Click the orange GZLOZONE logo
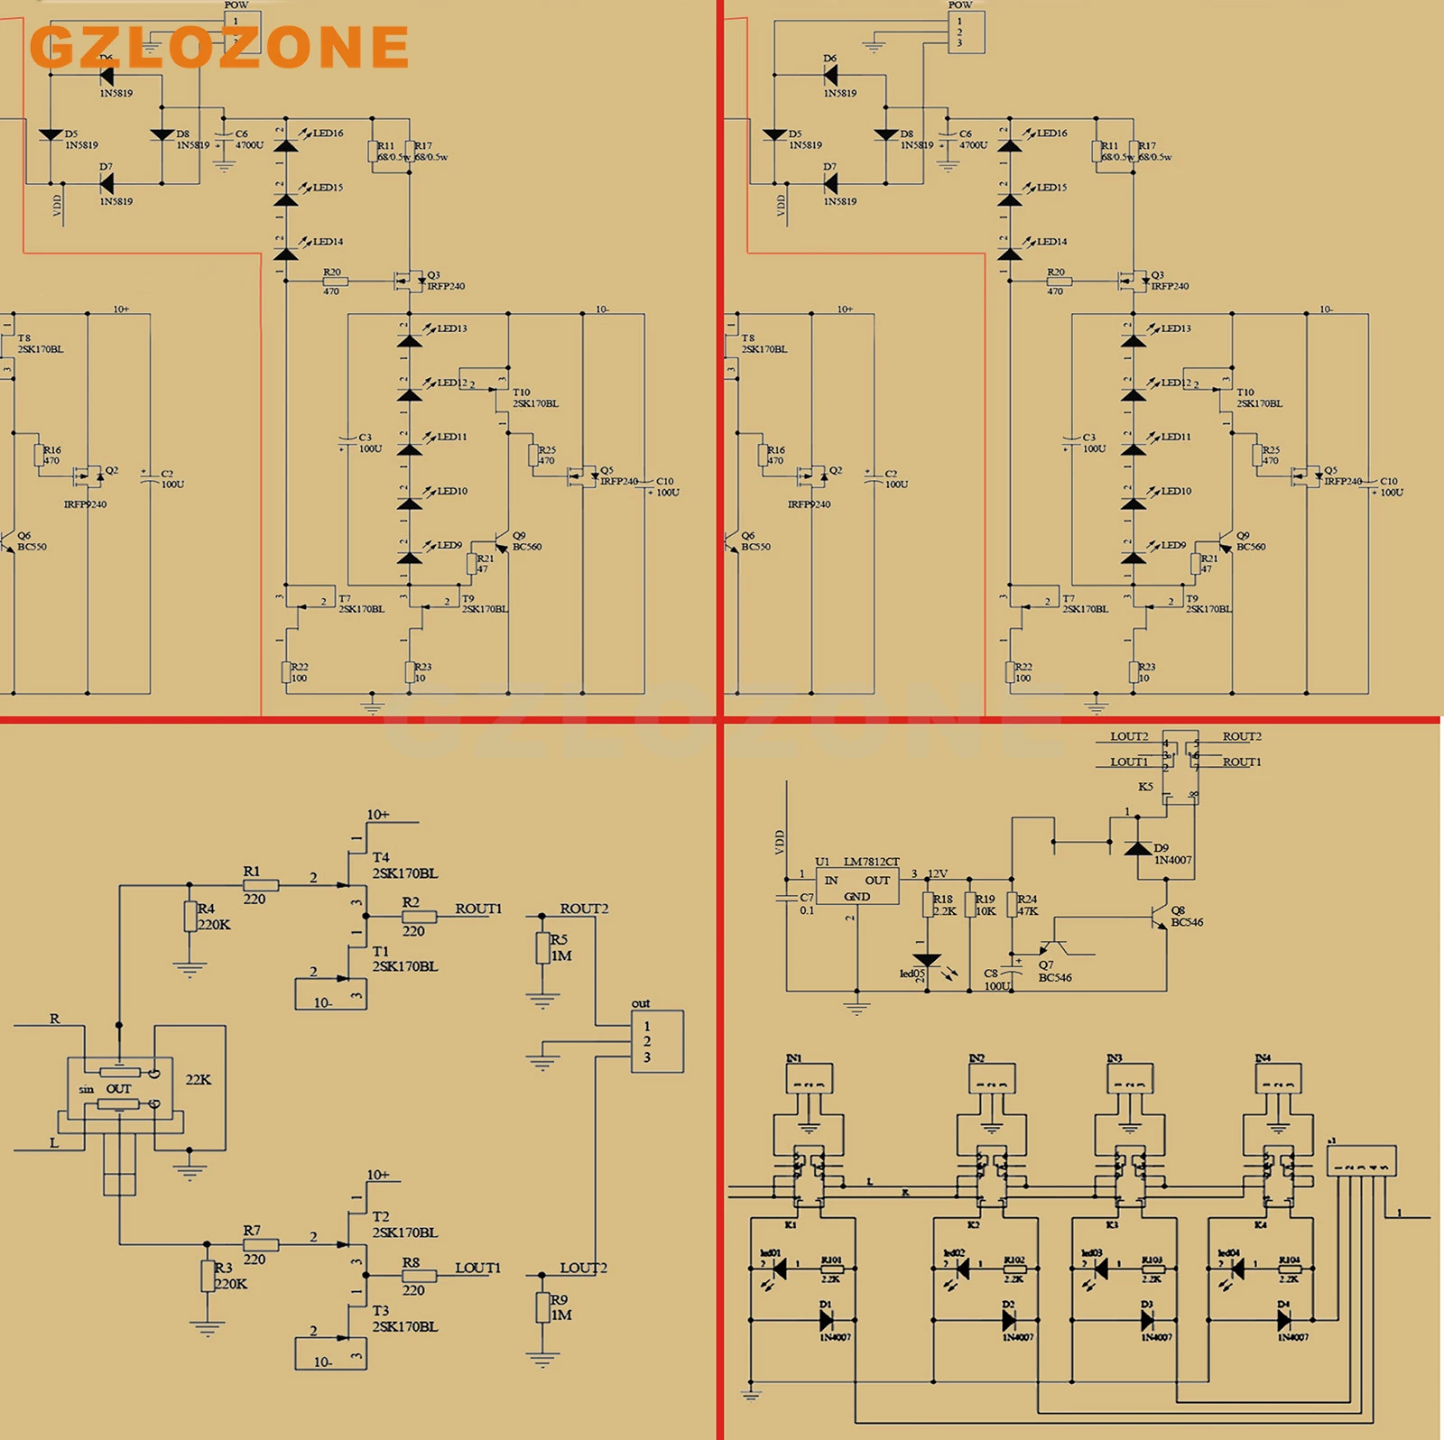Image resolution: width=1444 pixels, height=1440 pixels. [219, 47]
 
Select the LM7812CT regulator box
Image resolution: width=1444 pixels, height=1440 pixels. [857, 886]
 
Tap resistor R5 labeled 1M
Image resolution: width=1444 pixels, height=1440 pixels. [542, 948]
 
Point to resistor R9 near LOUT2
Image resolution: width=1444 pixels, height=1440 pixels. [542, 1307]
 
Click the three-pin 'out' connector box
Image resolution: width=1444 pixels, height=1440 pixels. [656, 1041]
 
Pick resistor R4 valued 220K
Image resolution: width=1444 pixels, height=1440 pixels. [190, 917]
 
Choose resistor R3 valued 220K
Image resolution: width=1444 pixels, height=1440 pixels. [208, 1276]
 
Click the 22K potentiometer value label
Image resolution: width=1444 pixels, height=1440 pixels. [199, 1079]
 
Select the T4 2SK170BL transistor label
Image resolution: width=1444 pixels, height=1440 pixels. [404, 865]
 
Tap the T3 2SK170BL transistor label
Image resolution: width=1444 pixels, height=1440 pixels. [404, 1318]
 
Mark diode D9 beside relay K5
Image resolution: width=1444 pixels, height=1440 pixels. [1137, 848]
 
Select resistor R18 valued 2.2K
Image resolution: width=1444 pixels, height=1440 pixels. [928, 905]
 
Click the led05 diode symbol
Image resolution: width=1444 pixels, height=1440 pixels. [927, 960]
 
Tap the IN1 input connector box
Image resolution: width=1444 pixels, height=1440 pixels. [809, 1078]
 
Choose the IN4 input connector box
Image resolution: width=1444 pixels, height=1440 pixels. [1277, 1078]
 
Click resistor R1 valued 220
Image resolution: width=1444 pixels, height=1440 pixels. [260, 886]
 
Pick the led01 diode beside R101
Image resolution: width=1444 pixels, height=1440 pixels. [779, 1269]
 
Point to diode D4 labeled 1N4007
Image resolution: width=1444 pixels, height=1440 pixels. [1284, 1321]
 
